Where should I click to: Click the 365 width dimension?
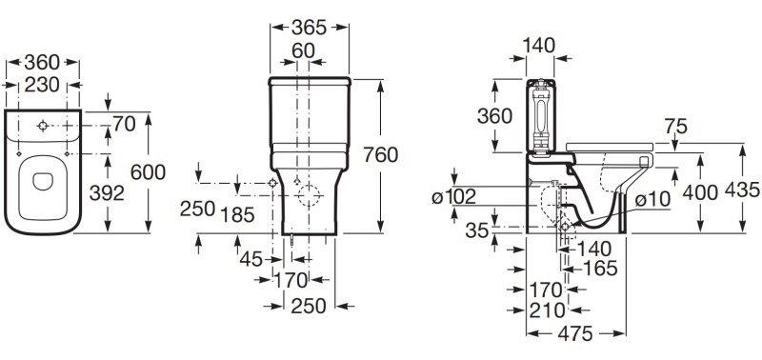coord(309,28)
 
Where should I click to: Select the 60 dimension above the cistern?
coord(303,50)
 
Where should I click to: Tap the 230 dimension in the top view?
coord(42,85)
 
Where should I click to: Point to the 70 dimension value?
coord(125,125)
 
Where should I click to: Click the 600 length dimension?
coord(149,172)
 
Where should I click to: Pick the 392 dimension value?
coord(107,193)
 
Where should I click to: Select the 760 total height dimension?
coord(380,155)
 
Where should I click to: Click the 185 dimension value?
coord(237,214)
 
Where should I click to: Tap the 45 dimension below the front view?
coord(251,259)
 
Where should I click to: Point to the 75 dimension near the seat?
coord(676,127)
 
